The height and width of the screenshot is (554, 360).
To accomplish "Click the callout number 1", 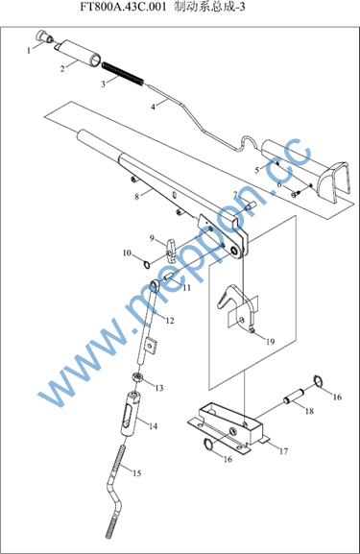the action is tap(29, 51).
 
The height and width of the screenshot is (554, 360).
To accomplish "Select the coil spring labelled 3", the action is tap(123, 74).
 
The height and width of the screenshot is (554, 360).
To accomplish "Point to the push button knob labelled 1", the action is tap(44, 36).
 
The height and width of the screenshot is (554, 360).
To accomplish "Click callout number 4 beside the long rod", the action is tap(153, 107).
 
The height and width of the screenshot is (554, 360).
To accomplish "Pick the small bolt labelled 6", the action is tap(296, 193).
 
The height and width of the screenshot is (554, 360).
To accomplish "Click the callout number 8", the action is tap(137, 197).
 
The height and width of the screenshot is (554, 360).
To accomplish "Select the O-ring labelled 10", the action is tap(147, 264).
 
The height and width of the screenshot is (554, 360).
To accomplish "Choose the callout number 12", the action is tap(170, 321).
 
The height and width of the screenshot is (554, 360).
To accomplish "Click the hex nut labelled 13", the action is tap(139, 376).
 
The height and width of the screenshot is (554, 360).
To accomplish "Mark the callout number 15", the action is tap(136, 473).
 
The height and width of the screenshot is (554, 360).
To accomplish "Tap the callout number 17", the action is tap(284, 451).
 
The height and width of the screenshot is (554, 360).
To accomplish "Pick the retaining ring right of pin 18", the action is tap(319, 381).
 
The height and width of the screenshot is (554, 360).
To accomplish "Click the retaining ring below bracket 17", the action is tap(208, 445).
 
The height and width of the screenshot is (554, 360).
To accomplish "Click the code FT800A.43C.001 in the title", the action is tap(123, 7).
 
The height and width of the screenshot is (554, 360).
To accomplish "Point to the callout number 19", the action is tap(270, 342).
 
